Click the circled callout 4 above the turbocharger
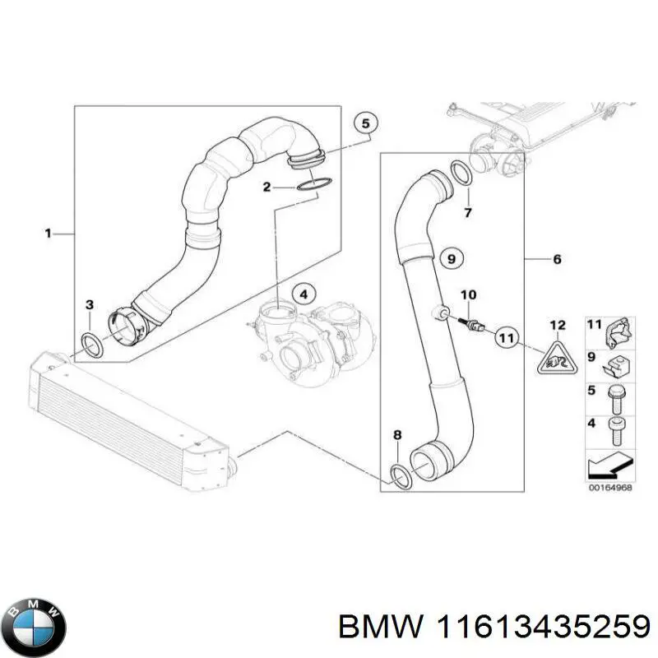click(x=303, y=293)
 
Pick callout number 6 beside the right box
click(x=557, y=260)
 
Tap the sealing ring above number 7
click(x=461, y=174)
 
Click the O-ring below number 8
click(x=401, y=475)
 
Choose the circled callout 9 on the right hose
click(x=450, y=260)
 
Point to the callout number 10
click(x=467, y=294)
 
